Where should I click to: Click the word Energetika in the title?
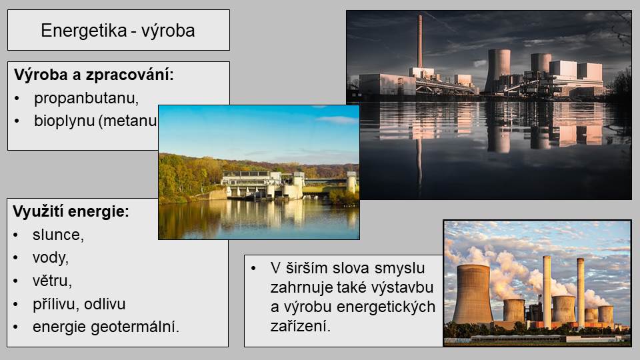(84, 31)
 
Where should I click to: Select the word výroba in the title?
(168, 31)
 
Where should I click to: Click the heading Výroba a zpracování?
(94, 75)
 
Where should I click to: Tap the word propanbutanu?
(86, 99)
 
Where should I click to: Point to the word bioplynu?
(64, 121)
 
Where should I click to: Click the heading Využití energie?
(71, 211)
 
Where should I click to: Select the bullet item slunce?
(58, 235)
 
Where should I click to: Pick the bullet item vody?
(51, 258)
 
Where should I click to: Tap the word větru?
(52, 281)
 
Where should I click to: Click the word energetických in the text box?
(386, 307)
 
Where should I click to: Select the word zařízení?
(301, 326)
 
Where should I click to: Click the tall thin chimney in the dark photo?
(419, 41)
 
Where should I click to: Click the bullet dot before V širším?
(253, 269)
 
